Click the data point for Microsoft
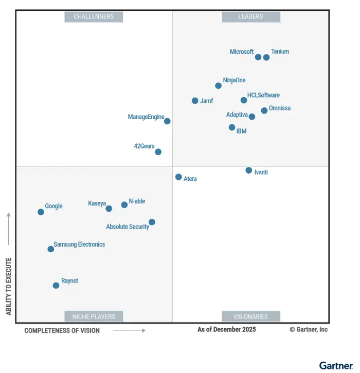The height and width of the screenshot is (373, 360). coord(258,57)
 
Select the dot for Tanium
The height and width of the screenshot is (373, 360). coord(266,57)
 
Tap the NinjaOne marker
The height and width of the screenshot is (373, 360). coord(219,86)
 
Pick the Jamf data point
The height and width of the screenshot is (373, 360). coord(195,101)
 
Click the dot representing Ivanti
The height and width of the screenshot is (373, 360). coord(249,170)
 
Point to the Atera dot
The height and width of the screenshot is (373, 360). coord(178,177)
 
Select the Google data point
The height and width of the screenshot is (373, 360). coord(41,212)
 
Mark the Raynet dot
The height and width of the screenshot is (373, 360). coord(56,285)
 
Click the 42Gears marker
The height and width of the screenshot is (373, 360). coord(158,152)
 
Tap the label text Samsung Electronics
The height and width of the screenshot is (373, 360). coord(79,245)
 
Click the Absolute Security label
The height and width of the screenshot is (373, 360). coord(128,227)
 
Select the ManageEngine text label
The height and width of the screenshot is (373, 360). coord(146,117)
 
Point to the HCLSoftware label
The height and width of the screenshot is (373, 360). coord(263,95)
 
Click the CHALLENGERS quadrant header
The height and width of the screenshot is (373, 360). coord(94,16)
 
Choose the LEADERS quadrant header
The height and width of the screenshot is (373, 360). coord(251,16)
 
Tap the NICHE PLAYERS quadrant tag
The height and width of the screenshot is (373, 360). coord(94,316)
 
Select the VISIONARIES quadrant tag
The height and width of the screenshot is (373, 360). coord(251,316)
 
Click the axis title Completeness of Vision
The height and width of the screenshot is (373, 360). coord(62,330)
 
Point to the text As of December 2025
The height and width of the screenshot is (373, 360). coord(226,329)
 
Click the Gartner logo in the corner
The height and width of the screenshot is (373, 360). coord(336,365)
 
